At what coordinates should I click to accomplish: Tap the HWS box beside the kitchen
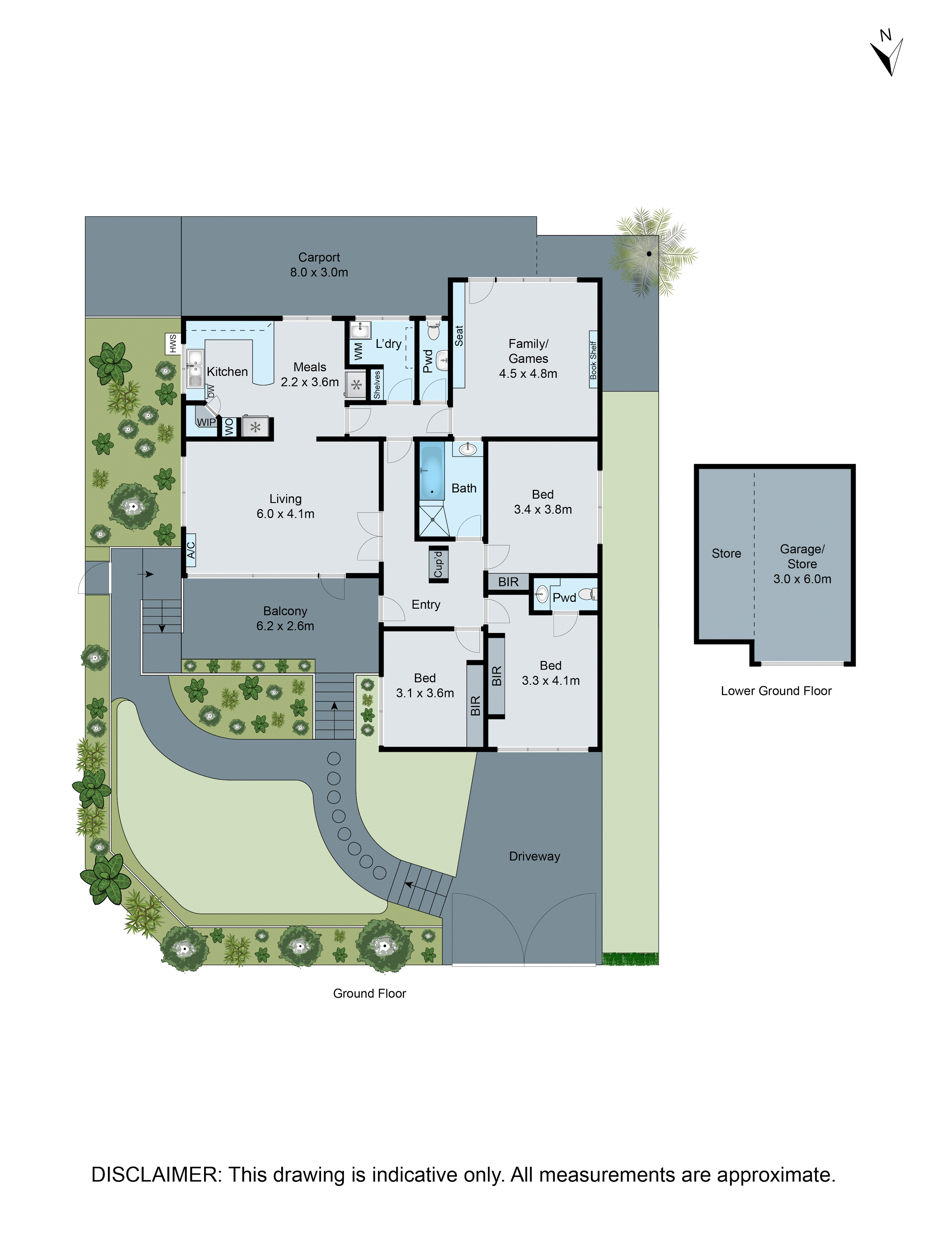173,343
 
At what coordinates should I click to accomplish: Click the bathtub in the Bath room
431,473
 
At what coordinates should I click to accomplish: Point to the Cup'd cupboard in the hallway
438,564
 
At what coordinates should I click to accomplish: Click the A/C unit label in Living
191,550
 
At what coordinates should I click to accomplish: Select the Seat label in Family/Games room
459,336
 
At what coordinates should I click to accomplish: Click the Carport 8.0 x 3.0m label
319,265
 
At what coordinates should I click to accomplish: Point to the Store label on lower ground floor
726,553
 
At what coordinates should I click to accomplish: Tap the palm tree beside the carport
649,254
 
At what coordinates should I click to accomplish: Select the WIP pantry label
206,422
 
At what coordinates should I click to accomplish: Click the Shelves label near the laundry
377,384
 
